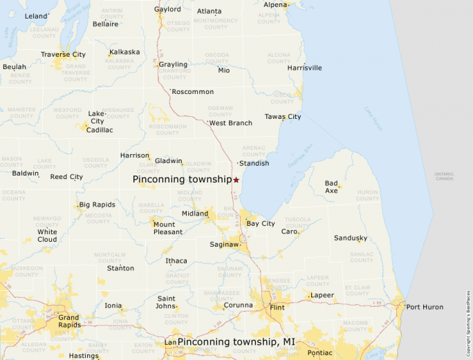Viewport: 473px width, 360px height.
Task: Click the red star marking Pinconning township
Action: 236,180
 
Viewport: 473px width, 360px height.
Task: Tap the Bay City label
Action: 261,224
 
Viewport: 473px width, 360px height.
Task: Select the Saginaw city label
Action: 224,244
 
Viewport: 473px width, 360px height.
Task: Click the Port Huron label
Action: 425,307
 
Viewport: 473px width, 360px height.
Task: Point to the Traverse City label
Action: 63,55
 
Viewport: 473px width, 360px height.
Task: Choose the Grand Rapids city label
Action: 68,321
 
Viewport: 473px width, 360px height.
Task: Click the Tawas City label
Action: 283,117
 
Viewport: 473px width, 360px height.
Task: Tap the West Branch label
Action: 231,123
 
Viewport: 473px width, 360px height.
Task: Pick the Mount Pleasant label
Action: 168,228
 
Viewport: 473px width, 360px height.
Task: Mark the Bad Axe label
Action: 331,187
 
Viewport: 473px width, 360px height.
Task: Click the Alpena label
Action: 275,5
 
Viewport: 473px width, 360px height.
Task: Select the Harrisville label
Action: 305,68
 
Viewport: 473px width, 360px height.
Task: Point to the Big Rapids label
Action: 97,205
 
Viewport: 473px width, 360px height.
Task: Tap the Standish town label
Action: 254,163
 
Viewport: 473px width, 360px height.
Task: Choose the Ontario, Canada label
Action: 444,176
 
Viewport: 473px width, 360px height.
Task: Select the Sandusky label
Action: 351,238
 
